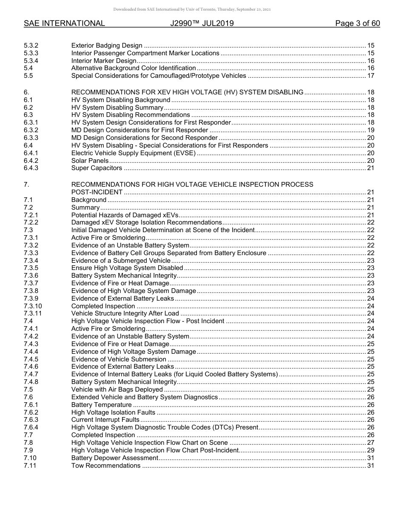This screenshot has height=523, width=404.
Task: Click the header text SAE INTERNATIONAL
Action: pyautogui.click(x=64, y=24)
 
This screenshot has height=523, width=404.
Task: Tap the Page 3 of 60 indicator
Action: pyautogui.click(x=357, y=24)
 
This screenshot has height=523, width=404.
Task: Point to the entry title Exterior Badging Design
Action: pyautogui.click(x=107, y=45)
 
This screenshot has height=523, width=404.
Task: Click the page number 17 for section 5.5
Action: pyautogui.click(x=370, y=76)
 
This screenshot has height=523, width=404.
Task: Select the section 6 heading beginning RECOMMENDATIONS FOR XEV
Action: pyautogui.click(x=187, y=92)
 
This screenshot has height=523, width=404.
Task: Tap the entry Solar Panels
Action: pyautogui.click(x=90, y=161)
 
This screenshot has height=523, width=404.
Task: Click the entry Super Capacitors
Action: pyautogui.click(x=97, y=168)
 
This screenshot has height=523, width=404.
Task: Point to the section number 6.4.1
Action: pyautogui.click(x=31, y=153)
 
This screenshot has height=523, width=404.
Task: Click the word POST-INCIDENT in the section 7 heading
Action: pyautogui.click(x=94, y=192)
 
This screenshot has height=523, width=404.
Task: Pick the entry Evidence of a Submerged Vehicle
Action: pyautogui.click(x=121, y=261)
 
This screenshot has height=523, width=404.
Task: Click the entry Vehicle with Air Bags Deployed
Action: pyautogui.click(x=117, y=389)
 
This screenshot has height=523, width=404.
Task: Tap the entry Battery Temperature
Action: pyautogui.click(x=101, y=405)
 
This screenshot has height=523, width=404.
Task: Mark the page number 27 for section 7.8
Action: pyautogui.click(x=370, y=443)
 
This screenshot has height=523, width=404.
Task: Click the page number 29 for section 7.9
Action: pyautogui.click(x=370, y=450)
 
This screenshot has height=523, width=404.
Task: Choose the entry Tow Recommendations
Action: pyautogui.click(x=106, y=466)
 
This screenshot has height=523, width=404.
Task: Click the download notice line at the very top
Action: pyautogui.click(x=192, y=9)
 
